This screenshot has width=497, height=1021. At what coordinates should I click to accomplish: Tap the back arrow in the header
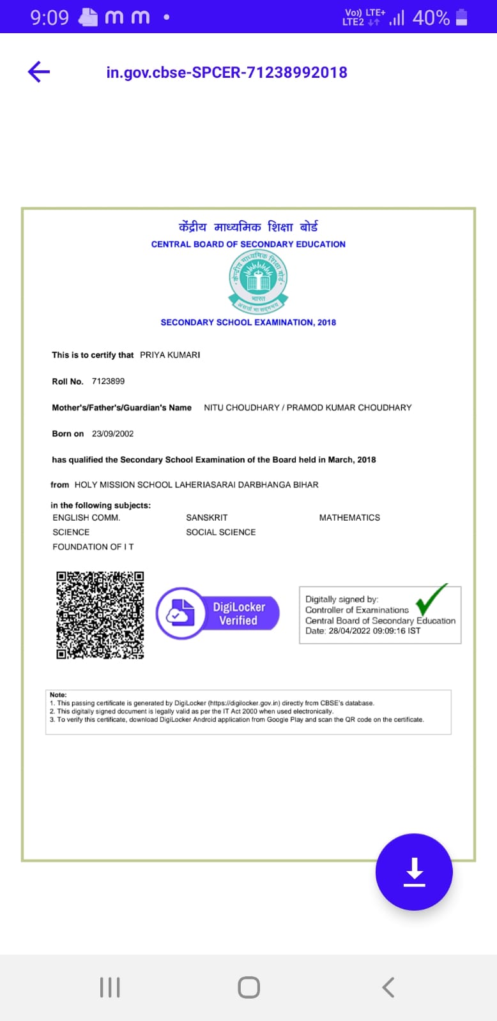tap(39, 72)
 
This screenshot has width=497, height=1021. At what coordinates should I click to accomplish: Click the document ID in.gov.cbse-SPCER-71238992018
tap(227, 72)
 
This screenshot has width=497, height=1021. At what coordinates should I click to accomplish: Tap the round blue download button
tap(414, 872)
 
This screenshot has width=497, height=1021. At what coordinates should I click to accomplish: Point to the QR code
tap(100, 615)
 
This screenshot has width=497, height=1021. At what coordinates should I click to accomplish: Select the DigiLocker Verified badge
tap(218, 613)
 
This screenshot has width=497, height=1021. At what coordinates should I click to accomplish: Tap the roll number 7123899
tap(108, 382)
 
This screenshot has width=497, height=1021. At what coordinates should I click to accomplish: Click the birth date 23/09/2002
tap(112, 434)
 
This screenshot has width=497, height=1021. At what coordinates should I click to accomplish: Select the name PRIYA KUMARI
tap(170, 355)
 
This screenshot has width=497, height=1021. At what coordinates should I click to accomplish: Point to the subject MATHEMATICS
tap(349, 518)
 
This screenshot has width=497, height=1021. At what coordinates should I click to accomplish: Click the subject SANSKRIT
tap(206, 518)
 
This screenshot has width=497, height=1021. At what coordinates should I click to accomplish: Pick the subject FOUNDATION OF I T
tap(93, 547)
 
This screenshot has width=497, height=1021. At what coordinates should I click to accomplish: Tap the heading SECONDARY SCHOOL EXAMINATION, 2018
tap(248, 322)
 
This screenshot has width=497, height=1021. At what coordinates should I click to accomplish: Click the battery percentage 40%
tap(431, 18)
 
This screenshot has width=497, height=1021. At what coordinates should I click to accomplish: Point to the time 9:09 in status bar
tap(49, 17)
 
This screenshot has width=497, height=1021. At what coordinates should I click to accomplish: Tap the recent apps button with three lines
tap(110, 987)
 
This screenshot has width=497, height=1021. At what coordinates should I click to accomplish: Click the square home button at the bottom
tap(249, 987)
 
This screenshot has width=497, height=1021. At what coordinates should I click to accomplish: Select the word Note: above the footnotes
tap(58, 695)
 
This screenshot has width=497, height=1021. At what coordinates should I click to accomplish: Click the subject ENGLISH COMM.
tap(86, 518)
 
